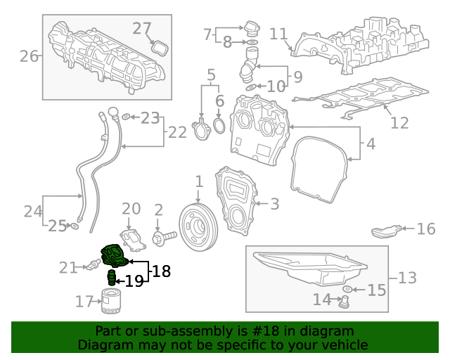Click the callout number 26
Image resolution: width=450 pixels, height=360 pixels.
click(x=29, y=56)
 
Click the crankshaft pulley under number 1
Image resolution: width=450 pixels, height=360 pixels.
click(x=197, y=226)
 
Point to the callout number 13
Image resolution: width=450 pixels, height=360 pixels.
click(x=407, y=278)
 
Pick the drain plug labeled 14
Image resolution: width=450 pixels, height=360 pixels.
click(x=345, y=302)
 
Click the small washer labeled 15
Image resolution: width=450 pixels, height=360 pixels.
click(x=347, y=289)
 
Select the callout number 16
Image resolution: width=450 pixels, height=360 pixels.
click(x=426, y=229)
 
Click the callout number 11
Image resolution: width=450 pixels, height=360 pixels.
click(x=279, y=34)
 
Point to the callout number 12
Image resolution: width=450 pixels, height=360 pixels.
click(x=399, y=123)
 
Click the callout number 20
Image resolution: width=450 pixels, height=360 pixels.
click(x=131, y=209)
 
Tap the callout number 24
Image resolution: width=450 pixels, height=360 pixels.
click(x=33, y=210)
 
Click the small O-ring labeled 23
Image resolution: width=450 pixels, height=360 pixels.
click(x=126, y=117)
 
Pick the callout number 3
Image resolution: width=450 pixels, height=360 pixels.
click(x=274, y=204)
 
